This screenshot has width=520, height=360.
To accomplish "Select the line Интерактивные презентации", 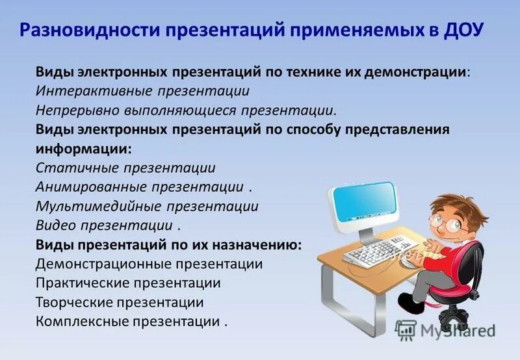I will [142, 91].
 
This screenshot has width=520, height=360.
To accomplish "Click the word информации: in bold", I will [83, 148].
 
